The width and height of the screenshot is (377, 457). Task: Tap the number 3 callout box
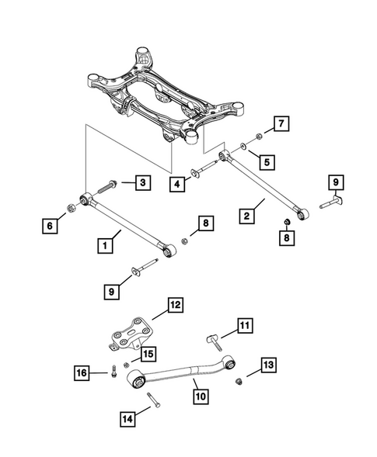coord(141,183)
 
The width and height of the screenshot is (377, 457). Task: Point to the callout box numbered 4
coord(179,184)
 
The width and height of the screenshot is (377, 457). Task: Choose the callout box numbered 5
coord(266,163)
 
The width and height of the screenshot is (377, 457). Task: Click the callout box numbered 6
coord(51,226)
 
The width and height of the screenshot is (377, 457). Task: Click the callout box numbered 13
coord(267,365)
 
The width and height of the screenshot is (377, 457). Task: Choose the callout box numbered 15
coord(145,354)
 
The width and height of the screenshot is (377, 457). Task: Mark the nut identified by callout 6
coord(71,206)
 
